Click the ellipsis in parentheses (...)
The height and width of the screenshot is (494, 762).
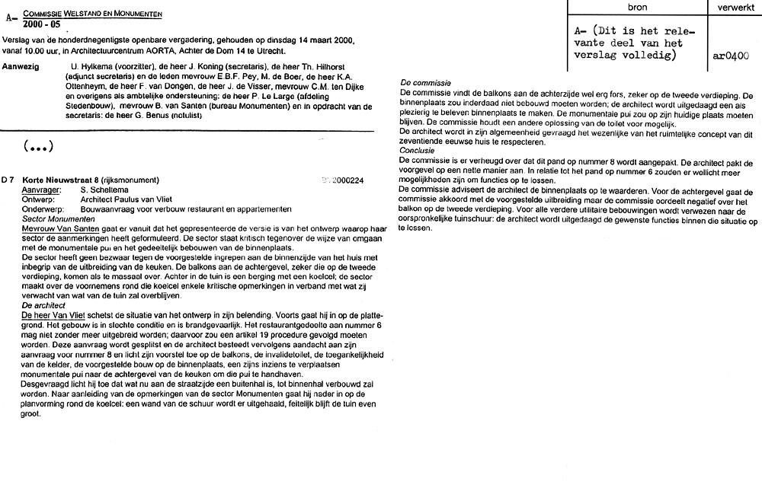pyautogui.click(x=38, y=145)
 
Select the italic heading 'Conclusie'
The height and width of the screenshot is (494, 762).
pyautogui.click(x=421, y=150)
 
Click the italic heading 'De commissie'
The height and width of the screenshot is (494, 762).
pyautogui.click(x=425, y=82)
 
